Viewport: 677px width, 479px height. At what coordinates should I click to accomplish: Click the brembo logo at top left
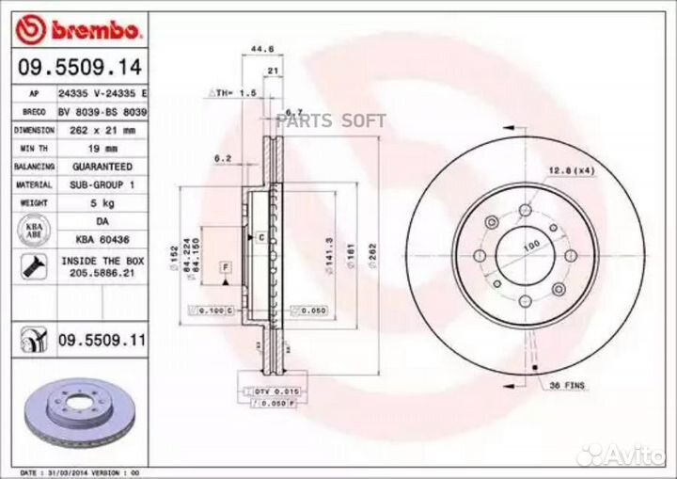79,31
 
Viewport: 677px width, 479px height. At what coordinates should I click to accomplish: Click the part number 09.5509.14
79,67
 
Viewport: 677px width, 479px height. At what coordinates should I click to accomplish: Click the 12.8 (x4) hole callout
573,169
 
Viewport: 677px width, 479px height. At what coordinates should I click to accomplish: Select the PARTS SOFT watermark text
332,120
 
